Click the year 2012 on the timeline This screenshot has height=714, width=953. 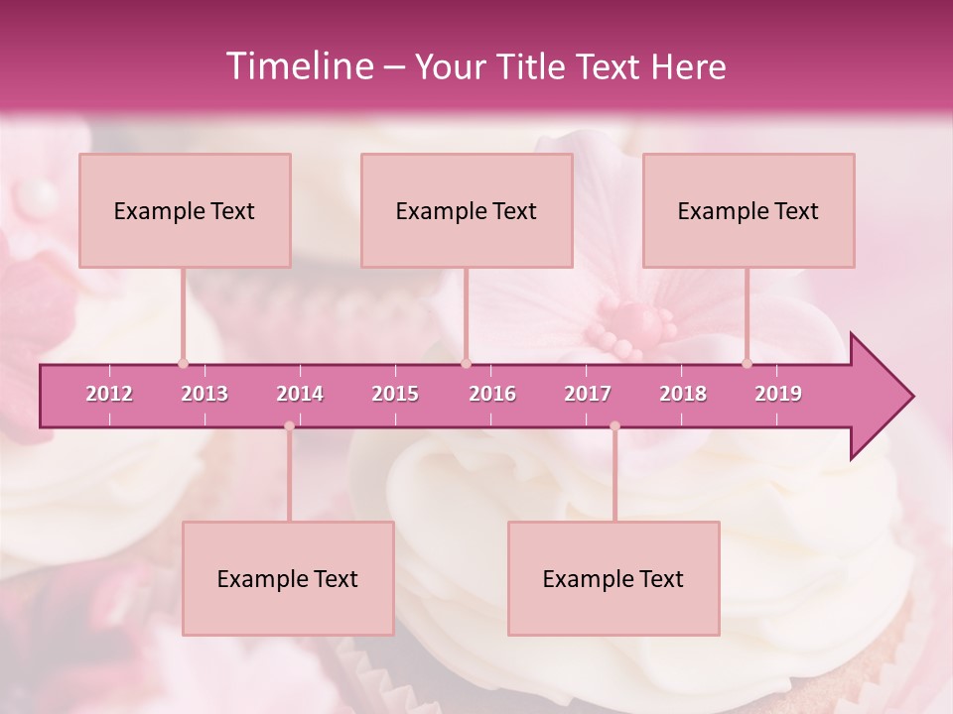(x=109, y=394)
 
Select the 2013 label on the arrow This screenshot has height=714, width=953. (x=204, y=394)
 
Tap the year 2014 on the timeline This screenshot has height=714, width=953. (x=300, y=394)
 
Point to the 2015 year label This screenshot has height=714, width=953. (x=395, y=394)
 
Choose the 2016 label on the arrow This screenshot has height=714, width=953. (x=492, y=394)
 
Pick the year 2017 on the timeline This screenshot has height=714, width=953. (x=588, y=394)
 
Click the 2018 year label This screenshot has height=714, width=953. (x=683, y=394)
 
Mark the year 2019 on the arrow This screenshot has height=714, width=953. (x=778, y=394)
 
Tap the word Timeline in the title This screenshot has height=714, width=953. (x=298, y=66)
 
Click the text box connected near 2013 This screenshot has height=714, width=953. (x=185, y=210)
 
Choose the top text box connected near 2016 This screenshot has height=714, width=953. (x=467, y=210)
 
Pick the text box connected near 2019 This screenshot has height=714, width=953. (x=749, y=210)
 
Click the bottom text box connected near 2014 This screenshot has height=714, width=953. (x=288, y=578)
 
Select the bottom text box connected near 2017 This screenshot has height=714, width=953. (x=613, y=578)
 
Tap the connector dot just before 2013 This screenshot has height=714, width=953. (x=183, y=363)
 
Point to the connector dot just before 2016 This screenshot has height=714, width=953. (x=466, y=363)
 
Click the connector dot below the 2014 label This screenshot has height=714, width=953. (x=289, y=426)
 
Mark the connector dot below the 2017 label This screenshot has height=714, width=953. (x=614, y=426)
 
